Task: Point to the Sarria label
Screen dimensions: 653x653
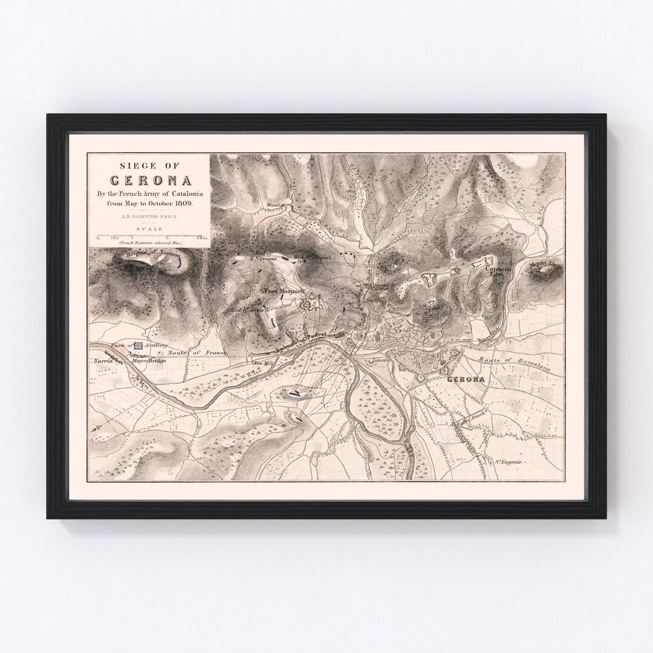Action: (103, 359)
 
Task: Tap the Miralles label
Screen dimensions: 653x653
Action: (275, 206)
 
